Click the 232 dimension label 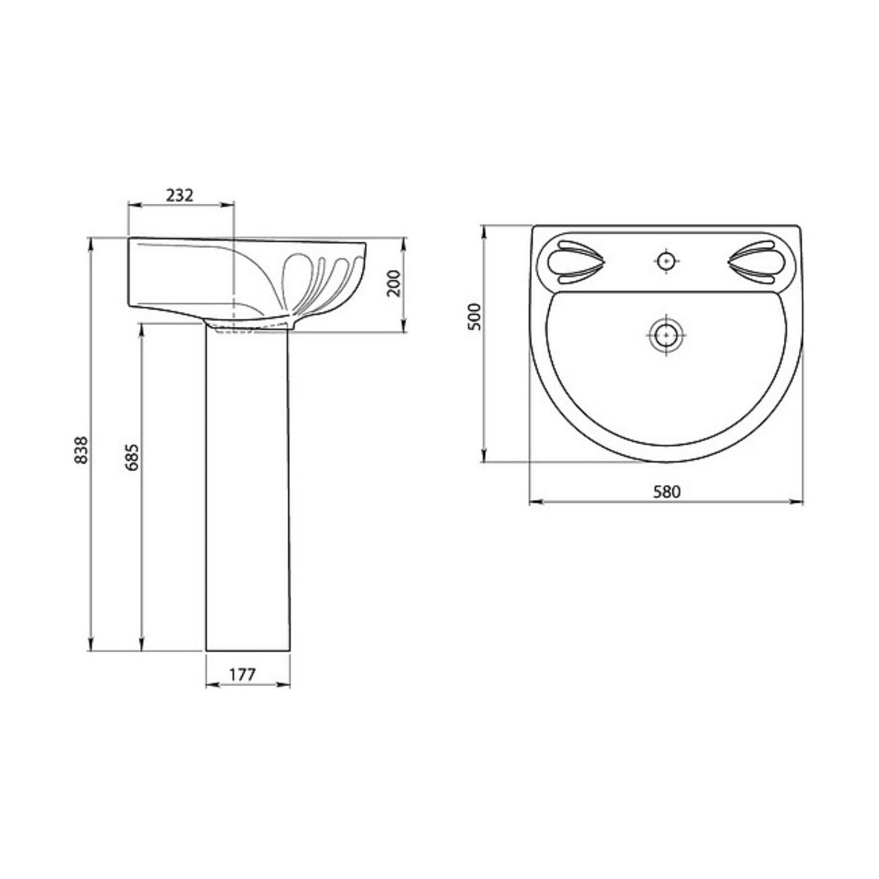[180, 195]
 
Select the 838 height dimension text [81, 450]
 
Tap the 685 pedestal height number [132, 457]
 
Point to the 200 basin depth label [394, 283]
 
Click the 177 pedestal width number [242, 674]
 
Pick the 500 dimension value [474, 316]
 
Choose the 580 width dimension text [666, 492]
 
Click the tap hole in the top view [666, 260]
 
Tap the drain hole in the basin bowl [666, 335]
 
